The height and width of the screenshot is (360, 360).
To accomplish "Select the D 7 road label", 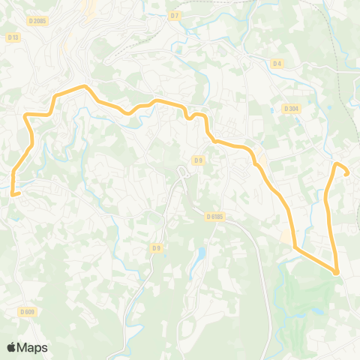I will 175,15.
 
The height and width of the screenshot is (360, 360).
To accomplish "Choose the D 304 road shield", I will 292,109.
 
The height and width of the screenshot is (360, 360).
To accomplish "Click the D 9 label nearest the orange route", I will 198,160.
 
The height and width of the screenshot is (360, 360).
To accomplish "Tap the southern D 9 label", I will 156,247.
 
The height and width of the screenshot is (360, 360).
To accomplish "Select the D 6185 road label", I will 215,216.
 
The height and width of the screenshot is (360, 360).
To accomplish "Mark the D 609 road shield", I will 27,311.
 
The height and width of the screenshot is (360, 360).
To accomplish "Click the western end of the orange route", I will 13,193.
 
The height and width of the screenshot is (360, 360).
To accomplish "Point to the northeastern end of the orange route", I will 347,173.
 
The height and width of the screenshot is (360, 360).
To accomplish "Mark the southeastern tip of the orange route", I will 336,272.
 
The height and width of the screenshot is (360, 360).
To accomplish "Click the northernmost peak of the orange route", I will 84,87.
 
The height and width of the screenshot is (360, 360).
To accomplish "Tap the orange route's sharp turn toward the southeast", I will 294,246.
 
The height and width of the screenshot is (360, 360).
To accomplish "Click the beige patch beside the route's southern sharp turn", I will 286,237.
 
